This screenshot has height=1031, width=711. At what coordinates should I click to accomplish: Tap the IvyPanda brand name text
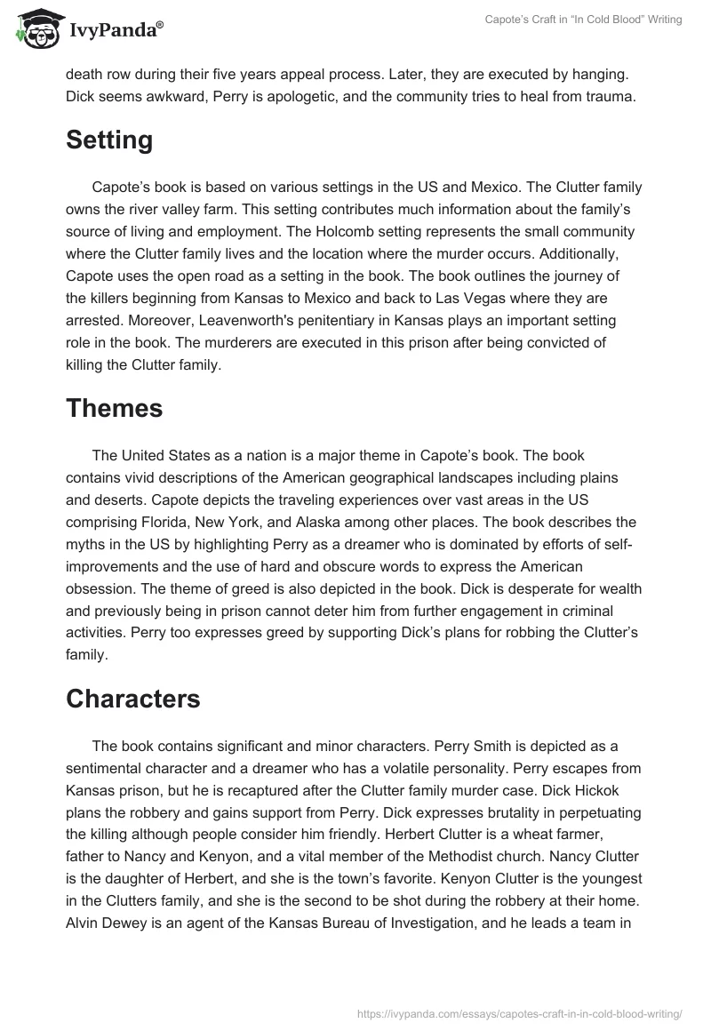pos(115,32)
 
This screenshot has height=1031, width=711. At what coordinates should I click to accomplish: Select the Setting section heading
pos(109,140)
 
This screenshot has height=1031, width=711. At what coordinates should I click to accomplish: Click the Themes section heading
pos(114,408)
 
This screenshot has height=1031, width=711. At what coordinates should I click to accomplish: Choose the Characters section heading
pos(133,699)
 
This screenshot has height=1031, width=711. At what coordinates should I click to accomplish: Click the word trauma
pos(612,97)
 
